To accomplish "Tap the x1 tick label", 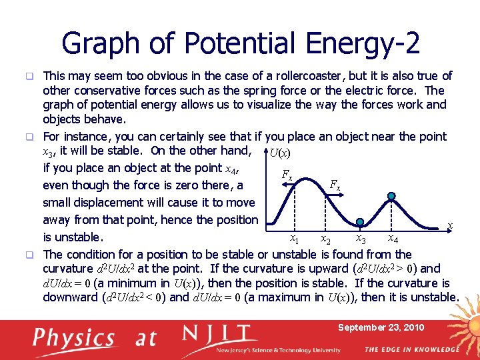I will tap(293, 239).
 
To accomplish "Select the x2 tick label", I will tap(325, 239).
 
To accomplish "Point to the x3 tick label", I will tap(360, 239).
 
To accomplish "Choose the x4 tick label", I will tap(393, 239).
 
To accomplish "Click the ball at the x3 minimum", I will tap(360, 223).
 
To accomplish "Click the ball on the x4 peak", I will tap(392, 196).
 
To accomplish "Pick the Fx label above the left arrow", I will tap(287, 175).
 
